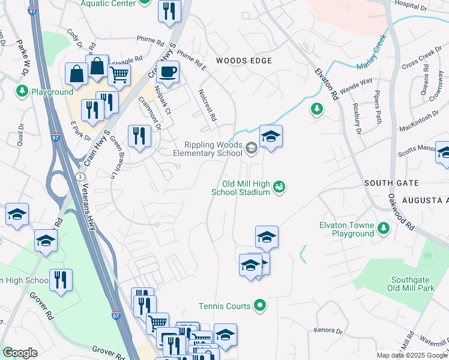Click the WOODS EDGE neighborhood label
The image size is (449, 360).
(x=244, y=61)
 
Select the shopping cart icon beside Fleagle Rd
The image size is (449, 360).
(x=119, y=76)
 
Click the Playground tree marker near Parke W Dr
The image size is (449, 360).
(x=22, y=91)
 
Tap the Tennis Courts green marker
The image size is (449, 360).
(x=259, y=306)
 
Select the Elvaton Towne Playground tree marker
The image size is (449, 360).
(x=383, y=228)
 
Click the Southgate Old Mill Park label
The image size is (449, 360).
(x=412, y=284)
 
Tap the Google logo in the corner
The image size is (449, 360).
(x=20, y=353)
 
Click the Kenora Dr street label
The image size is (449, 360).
(x=328, y=331)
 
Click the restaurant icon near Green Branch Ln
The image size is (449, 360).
(x=139, y=136)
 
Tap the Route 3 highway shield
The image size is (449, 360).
(x=79, y=175)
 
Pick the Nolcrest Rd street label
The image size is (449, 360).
(x=206, y=105)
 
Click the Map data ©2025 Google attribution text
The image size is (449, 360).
(x=412, y=355)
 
